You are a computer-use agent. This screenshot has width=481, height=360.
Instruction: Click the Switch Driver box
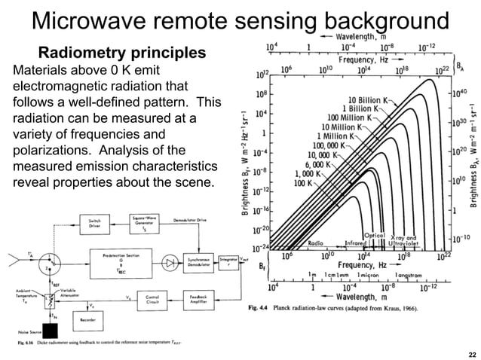[93, 224]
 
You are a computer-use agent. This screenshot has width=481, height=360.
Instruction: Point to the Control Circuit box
[151, 298]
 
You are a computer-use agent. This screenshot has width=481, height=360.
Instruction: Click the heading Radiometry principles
[121, 54]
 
